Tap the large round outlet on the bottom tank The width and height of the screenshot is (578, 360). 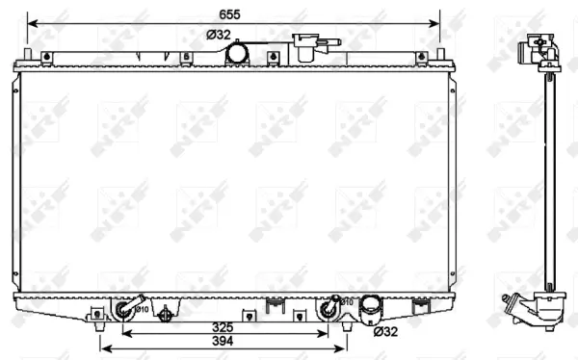(369, 309)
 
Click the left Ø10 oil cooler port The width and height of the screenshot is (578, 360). (124, 310)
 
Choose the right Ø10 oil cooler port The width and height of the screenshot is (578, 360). (330, 310)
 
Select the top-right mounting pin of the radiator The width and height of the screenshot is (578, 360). (440, 55)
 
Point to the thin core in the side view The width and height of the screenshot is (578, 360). (549, 173)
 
